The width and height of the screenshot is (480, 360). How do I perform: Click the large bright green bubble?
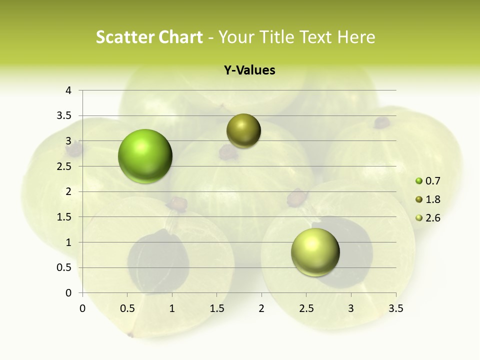(145, 156)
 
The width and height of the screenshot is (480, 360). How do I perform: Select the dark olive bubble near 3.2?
(243, 131)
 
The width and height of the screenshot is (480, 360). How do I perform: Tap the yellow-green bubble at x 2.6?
(315, 252)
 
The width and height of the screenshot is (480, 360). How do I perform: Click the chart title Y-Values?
(249, 70)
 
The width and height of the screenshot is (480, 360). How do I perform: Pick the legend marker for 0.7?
(419, 181)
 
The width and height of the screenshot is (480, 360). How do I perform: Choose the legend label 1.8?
(433, 199)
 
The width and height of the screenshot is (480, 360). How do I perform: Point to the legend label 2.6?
(433, 218)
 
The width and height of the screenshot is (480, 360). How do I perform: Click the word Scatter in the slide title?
(123, 37)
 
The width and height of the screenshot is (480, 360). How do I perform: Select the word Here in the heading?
(356, 37)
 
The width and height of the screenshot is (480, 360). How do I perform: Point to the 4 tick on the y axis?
(69, 90)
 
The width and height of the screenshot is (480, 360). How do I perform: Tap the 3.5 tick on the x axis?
(396, 308)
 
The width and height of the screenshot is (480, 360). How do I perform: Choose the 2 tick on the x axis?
(261, 308)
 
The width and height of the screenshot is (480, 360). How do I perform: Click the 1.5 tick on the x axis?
(216, 308)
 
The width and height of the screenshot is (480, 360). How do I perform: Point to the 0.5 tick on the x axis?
(127, 308)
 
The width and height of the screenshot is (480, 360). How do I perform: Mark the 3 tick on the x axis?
(351, 308)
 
